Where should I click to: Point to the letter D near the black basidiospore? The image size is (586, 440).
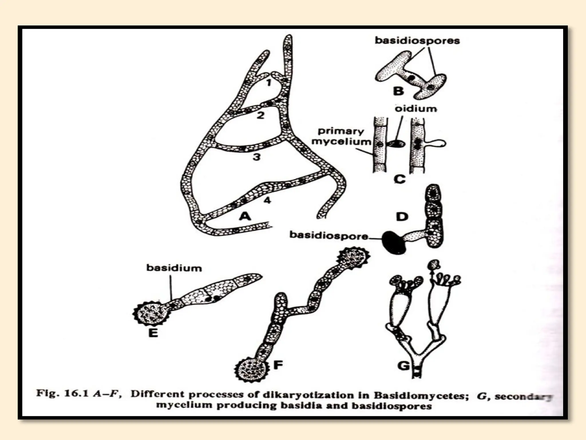point(402,217)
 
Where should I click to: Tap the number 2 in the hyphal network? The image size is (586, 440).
point(260,116)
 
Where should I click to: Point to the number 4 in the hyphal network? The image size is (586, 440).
point(267,200)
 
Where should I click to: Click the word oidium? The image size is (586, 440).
point(415,109)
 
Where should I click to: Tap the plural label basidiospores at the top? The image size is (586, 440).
point(417,41)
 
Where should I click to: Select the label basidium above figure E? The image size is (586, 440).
point(174,268)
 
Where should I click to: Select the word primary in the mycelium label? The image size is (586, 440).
point(340,131)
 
